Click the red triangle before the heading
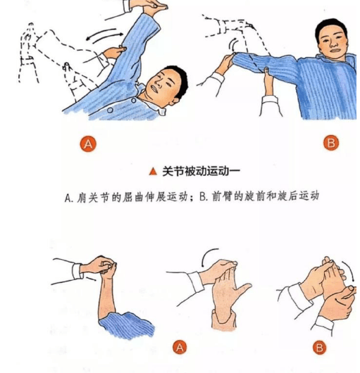pyautogui.click(x=152, y=171)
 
